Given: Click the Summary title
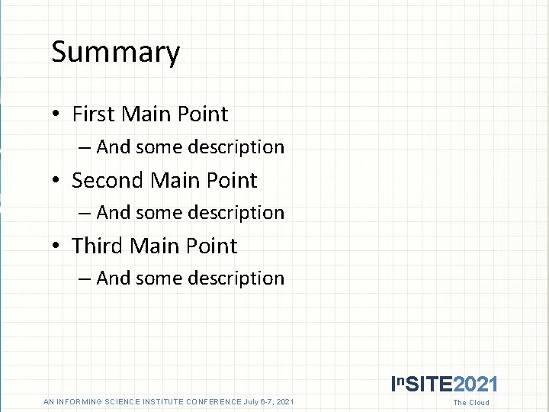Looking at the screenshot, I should point(115,53).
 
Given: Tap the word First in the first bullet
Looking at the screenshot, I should point(93,114).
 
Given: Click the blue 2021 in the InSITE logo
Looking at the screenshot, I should point(476,385).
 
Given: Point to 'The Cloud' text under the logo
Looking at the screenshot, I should point(471,403).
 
